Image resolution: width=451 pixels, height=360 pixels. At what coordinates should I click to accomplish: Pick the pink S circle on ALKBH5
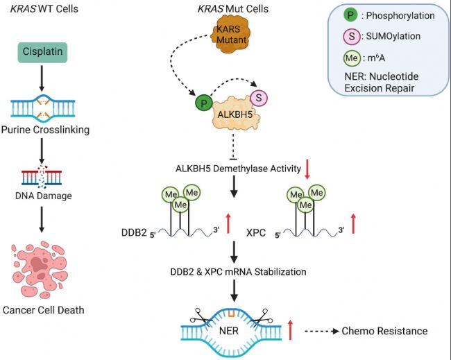click(x=258, y=97)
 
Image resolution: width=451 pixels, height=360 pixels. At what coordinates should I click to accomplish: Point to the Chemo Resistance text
click(x=384, y=331)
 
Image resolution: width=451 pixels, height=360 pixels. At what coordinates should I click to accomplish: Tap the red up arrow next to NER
click(x=291, y=330)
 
